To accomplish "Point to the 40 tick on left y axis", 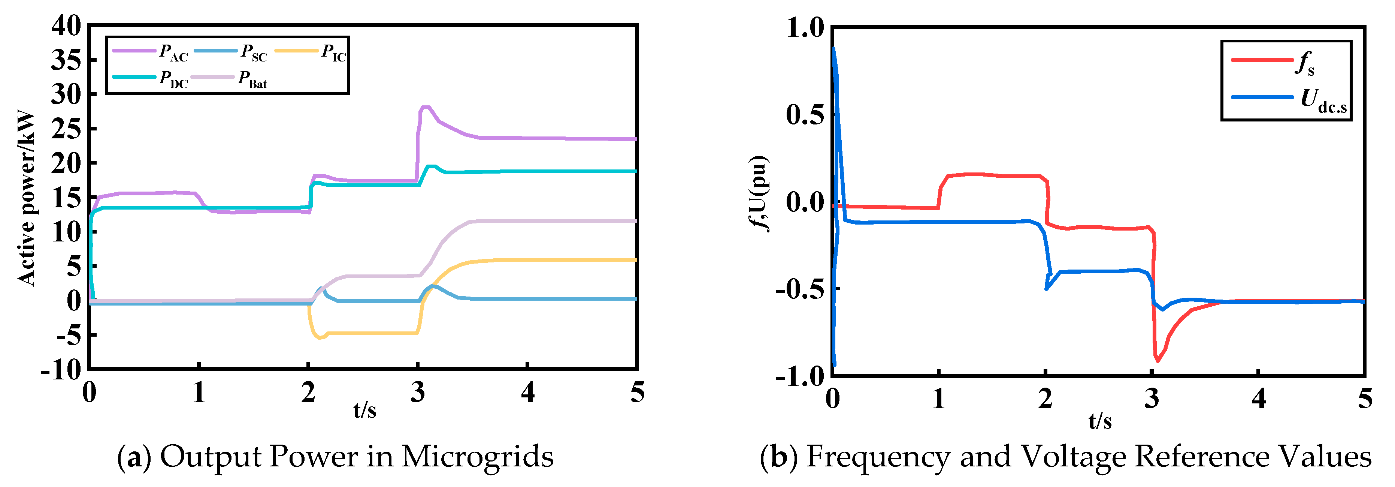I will coord(66,25).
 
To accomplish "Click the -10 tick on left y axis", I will coord(61,370).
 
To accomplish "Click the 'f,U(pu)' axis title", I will coord(759,194).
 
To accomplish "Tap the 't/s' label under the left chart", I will coord(364,410).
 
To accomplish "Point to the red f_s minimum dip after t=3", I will coord(1157,360).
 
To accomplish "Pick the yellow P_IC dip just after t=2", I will coord(320,337).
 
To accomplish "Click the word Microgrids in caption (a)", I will coord(477,456).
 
